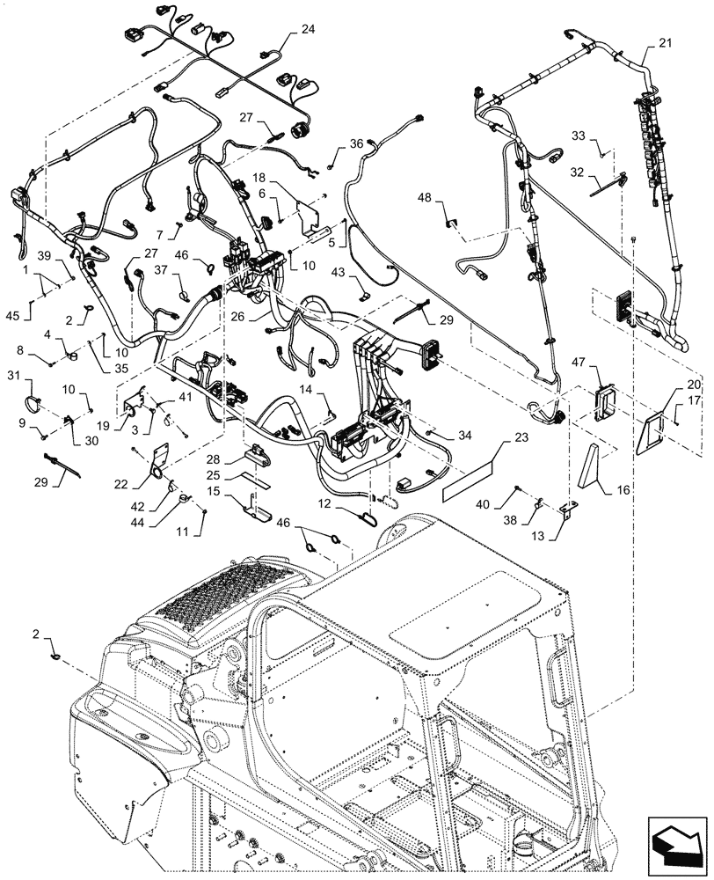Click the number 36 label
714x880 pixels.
[x=355, y=143]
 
